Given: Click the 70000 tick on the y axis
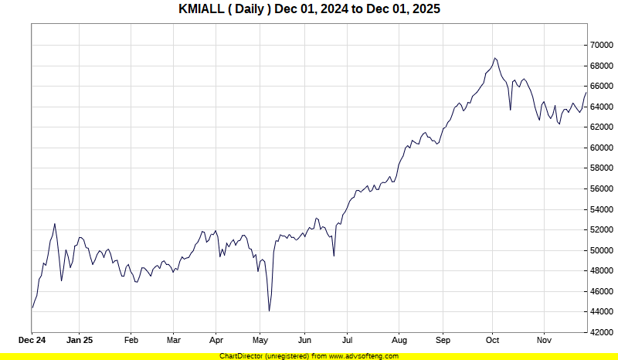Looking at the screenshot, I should [x=603, y=45].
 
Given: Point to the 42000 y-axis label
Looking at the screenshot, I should [x=603, y=332].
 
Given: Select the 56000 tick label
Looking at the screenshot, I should [x=603, y=188].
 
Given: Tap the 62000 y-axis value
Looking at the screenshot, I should [x=603, y=127].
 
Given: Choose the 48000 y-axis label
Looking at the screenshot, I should [x=603, y=270].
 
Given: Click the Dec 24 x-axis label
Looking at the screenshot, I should [x=32, y=340].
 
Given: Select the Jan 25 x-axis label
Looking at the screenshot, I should [x=80, y=340].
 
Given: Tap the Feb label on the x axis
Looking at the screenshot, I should [x=131, y=340].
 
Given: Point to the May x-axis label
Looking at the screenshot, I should [x=260, y=340].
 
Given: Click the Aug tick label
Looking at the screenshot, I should [x=399, y=340].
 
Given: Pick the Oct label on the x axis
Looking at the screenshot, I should [x=493, y=340].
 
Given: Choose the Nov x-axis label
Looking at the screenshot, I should [x=544, y=340].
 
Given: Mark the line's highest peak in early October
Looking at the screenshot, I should [x=495, y=58].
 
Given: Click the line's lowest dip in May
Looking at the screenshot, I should [x=269, y=311].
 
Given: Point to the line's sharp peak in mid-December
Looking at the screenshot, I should [x=55, y=224].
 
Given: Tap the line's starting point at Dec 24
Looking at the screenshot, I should [x=32, y=308].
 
